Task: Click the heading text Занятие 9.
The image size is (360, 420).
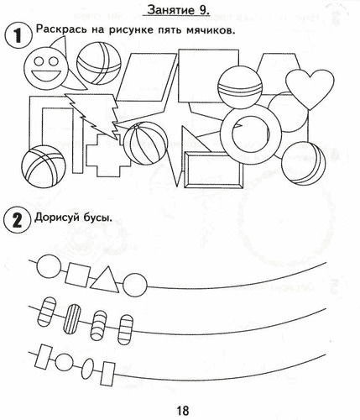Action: (x=179, y=10)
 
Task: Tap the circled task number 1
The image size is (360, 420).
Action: (x=18, y=36)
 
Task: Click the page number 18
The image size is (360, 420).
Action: (x=183, y=411)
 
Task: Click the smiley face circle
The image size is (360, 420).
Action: (x=45, y=68)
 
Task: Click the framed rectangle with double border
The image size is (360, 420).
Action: (x=214, y=171)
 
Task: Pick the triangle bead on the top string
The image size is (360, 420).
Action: (x=105, y=279)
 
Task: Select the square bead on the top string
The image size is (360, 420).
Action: (x=78, y=276)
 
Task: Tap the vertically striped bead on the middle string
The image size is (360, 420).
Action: (x=74, y=319)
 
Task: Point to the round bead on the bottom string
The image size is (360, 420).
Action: (x=64, y=362)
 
